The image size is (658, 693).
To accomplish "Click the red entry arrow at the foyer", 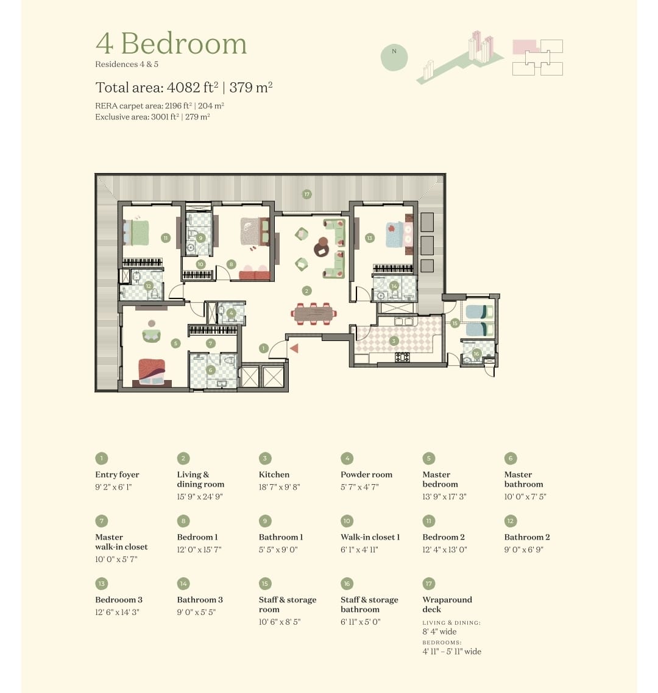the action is tap(294, 349).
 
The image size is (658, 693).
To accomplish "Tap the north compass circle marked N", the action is tap(394, 57).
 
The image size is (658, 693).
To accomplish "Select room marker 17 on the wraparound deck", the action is tap(307, 194).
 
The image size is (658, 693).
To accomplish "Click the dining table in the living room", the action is tap(314, 314).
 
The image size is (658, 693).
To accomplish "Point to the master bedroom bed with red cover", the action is tap(152, 372).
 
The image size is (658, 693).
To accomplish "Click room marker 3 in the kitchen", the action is tap(394, 341).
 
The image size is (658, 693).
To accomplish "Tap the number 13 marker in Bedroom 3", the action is tap(370, 237).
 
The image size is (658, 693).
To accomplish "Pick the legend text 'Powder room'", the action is tap(366, 474).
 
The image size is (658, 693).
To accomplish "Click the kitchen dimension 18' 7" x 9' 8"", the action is tap(280, 487).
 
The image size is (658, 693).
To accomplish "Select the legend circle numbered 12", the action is tap(511, 521).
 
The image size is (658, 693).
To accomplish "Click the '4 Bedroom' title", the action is tap(171, 43).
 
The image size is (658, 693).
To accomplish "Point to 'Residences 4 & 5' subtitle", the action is tap(127, 64).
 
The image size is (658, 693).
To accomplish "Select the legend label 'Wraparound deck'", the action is tap(447, 604).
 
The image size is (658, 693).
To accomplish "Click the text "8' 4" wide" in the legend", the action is tap(439, 631).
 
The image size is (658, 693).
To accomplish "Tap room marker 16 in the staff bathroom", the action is tap(476, 354).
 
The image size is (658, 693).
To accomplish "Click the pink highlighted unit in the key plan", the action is tap(526, 47).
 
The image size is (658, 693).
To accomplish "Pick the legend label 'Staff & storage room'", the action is tap(288, 604).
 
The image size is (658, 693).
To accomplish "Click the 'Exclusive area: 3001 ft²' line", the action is tap(152, 117).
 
